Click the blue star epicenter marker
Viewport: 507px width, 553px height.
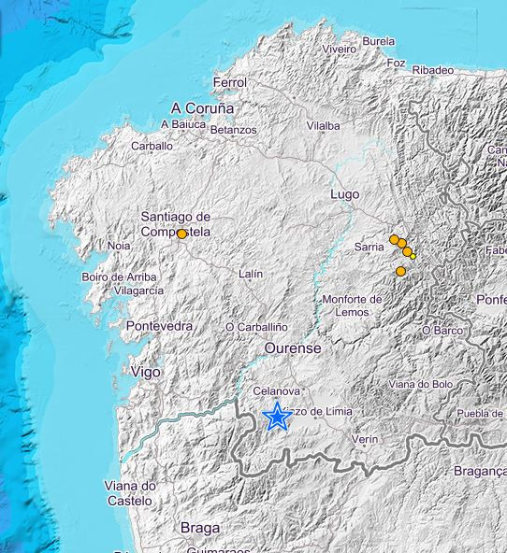coord(277,417)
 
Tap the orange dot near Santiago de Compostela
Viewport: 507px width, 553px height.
coord(181,234)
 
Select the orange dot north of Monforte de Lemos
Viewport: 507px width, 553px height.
coord(401,271)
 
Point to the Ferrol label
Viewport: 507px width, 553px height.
coord(230,82)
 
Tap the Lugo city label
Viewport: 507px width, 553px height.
coord(345,194)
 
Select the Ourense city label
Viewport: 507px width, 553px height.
coord(293,347)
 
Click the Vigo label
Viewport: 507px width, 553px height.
coord(145,372)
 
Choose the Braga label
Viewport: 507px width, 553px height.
coord(200,528)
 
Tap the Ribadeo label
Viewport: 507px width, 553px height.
coord(432,70)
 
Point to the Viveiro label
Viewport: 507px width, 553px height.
coord(340,49)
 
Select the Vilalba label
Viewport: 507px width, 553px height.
coord(324,125)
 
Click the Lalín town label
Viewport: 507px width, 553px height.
coord(251,274)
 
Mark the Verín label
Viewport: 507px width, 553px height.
coord(365,438)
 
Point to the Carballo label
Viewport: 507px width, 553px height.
coord(152,146)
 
